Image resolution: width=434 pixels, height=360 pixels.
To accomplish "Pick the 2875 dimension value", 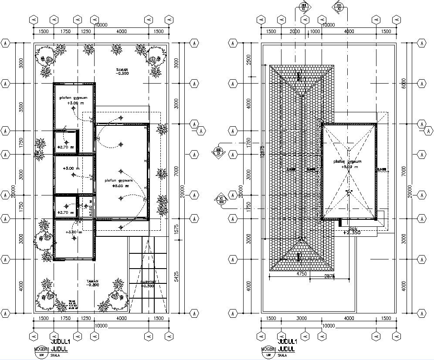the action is (x=329, y=276).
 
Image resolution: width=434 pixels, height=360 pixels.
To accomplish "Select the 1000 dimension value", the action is (x=314, y=31).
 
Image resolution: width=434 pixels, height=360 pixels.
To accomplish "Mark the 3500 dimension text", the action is (x=20, y=107).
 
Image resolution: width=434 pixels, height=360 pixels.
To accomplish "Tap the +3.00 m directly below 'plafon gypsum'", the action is (x=73, y=103).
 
